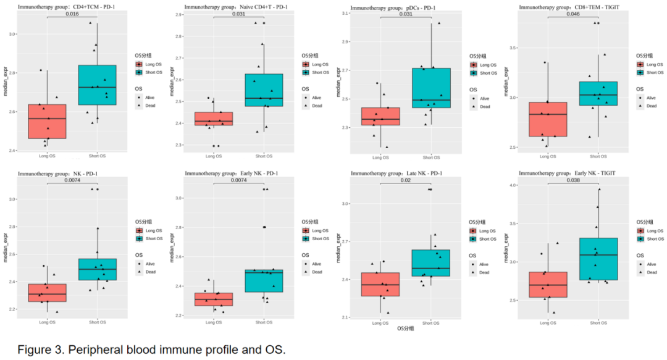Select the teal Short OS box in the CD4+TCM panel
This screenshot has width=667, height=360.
pos(97,85)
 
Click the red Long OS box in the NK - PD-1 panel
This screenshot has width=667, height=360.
pos(48,293)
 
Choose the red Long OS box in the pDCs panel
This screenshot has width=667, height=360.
pos(380,117)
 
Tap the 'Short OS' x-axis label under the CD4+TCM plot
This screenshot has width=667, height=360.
pos(97,156)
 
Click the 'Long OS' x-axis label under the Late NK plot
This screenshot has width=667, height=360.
pos(380,322)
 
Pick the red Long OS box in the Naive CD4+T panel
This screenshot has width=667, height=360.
pos(214,119)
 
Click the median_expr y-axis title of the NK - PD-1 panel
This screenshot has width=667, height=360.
pos(5,250)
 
